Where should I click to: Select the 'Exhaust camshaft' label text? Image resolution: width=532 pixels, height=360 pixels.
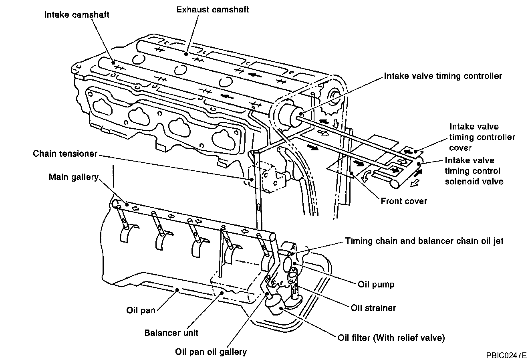click(213, 9)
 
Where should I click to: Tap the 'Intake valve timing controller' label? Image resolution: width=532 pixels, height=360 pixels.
click(443, 76)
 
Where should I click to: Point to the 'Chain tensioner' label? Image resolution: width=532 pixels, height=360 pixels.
click(65, 154)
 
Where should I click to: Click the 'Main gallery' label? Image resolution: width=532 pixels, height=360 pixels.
click(73, 177)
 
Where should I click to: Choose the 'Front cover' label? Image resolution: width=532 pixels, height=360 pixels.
click(404, 201)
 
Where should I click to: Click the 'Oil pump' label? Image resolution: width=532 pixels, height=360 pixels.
click(376, 284)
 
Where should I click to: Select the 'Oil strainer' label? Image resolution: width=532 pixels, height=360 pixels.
click(373, 307)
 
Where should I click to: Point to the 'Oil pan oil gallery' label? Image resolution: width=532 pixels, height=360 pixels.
click(211, 352)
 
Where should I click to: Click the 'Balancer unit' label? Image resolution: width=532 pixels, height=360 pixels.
click(171, 332)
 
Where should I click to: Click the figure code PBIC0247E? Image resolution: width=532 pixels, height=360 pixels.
click(506, 355)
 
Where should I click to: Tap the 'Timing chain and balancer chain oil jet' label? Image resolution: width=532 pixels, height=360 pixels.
click(424, 241)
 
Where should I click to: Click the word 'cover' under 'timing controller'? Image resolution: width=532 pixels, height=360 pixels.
click(460, 148)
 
